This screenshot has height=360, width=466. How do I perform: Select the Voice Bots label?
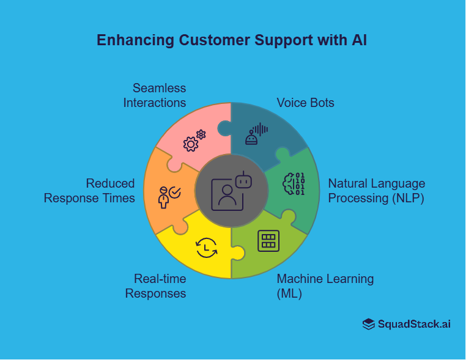coord(305,103)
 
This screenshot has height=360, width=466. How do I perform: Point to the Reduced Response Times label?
coord(90,190)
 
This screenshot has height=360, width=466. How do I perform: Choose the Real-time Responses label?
coord(156,286)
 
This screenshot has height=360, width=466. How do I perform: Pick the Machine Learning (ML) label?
coord(325,286)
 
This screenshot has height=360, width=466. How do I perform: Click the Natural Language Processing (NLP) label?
coord(376,191)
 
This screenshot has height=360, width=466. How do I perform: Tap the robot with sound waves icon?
coord(257,134)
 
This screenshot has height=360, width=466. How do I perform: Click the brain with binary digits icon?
coord(294,184)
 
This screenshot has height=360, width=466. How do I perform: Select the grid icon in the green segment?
coord(268,240)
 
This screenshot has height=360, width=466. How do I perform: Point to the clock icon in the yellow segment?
coord(205,247)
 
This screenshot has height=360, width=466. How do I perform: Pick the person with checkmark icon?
coord(169,196)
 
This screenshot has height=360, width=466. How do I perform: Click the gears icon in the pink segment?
coord(194,141)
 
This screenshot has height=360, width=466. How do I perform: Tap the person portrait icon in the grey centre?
coord(226,194)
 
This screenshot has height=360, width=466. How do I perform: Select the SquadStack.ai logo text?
coord(414,324)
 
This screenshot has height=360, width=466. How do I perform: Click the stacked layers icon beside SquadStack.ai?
coord(368,325)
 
